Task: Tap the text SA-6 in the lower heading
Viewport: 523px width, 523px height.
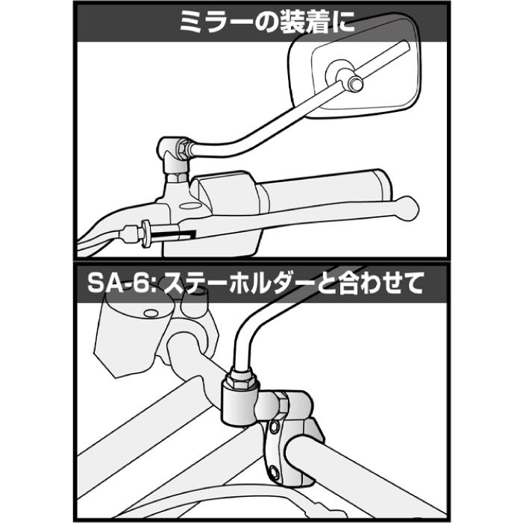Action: click(x=110, y=284)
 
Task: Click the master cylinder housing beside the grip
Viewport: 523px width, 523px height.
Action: click(x=224, y=195)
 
